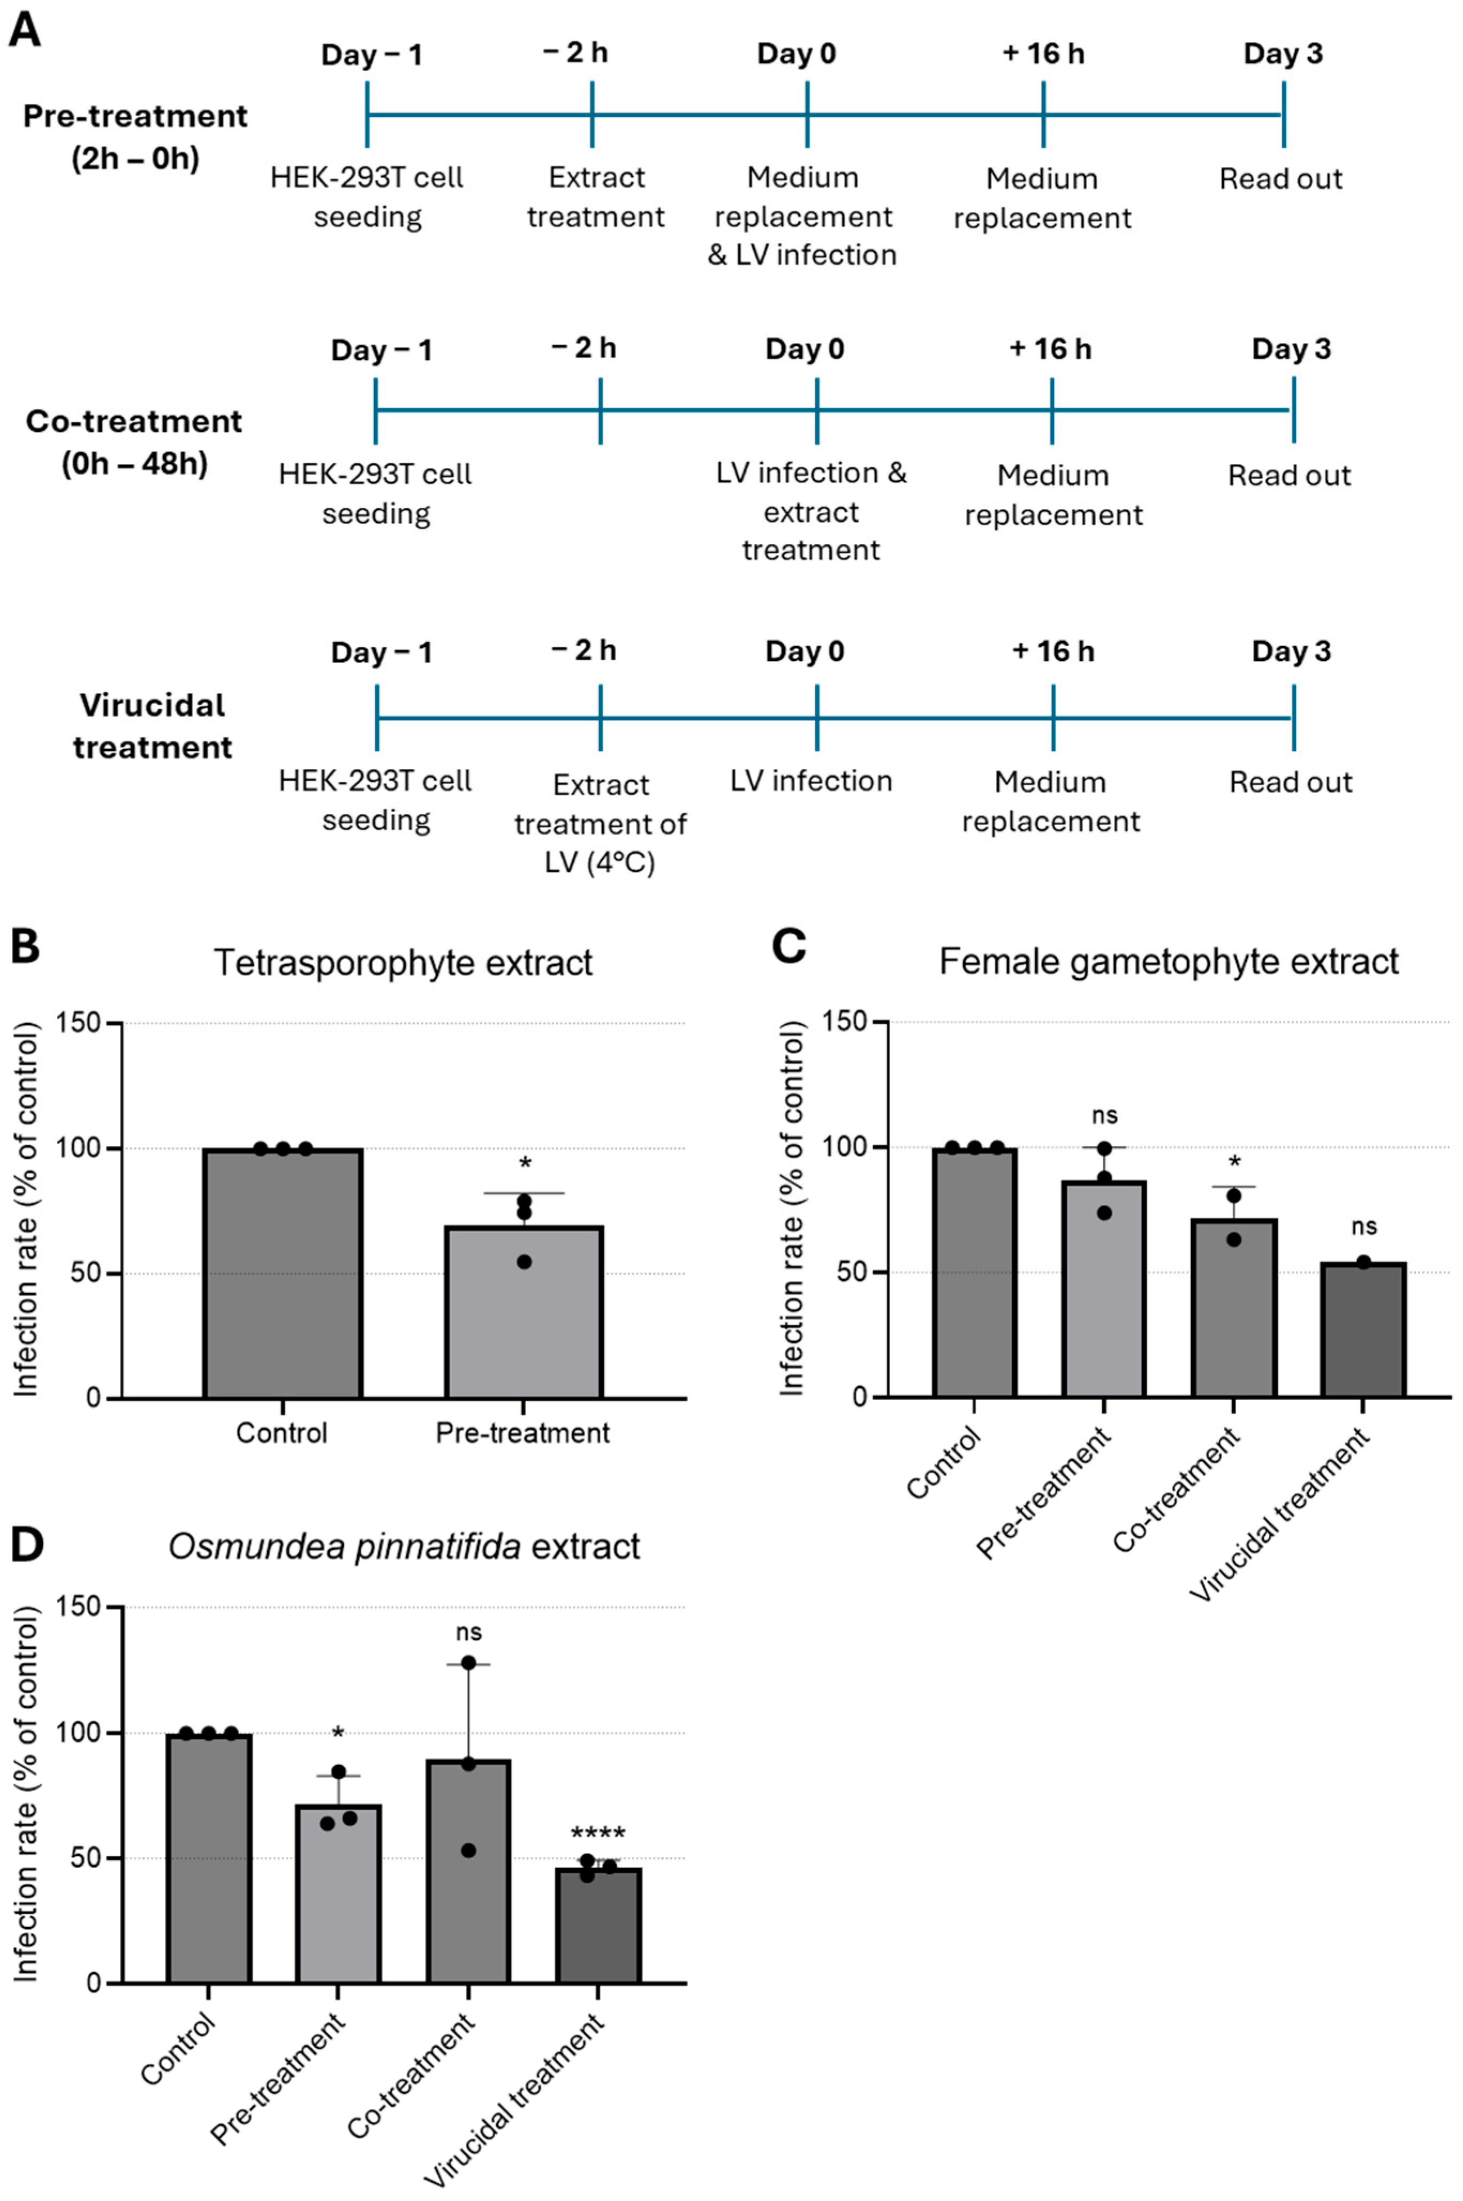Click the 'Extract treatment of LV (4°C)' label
[x=600, y=823]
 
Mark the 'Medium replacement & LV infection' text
[x=802, y=216]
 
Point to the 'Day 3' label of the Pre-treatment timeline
[x=1283, y=54]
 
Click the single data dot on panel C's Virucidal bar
[x=1363, y=1262]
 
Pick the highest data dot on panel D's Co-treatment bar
[x=468, y=1663]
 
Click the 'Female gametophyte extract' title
[x=1168, y=961]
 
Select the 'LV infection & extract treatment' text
[x=811, y=512]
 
